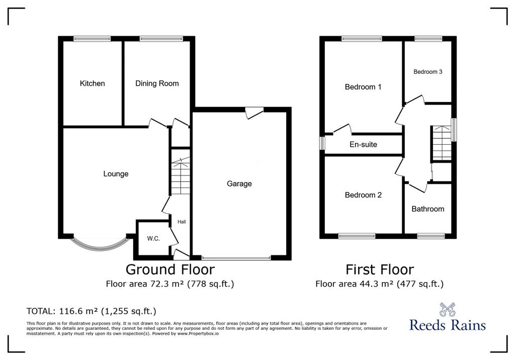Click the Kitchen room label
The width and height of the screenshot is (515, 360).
coord(93,83)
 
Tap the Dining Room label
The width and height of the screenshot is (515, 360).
coord(157,83)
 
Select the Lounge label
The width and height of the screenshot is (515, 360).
coord(116,174)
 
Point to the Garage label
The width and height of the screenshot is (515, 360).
coord(239,184)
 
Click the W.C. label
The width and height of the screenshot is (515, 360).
coord(153,239)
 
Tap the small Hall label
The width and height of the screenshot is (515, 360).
coord(182,222)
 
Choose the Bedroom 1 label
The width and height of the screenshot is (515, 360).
coord(363,87)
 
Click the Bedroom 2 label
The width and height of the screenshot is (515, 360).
coord(363,195)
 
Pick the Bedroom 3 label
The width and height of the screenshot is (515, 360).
coord(427,71)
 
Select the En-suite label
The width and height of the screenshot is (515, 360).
coord(363,144)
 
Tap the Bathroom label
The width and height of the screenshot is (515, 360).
coord(427,209)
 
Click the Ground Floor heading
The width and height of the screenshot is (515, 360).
coord(170,269)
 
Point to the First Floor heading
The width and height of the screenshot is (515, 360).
coord(380,269)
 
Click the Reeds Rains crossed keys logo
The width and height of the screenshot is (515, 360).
coord(447,309)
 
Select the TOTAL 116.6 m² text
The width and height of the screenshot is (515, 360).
coord(92,311)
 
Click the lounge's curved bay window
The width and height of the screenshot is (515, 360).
coord(99,247)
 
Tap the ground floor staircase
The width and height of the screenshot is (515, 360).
coord(180,176)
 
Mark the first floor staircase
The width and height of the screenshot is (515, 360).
coord(442,143)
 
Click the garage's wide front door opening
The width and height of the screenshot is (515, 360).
coord(236,258)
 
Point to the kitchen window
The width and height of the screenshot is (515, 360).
coord(92,39)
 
